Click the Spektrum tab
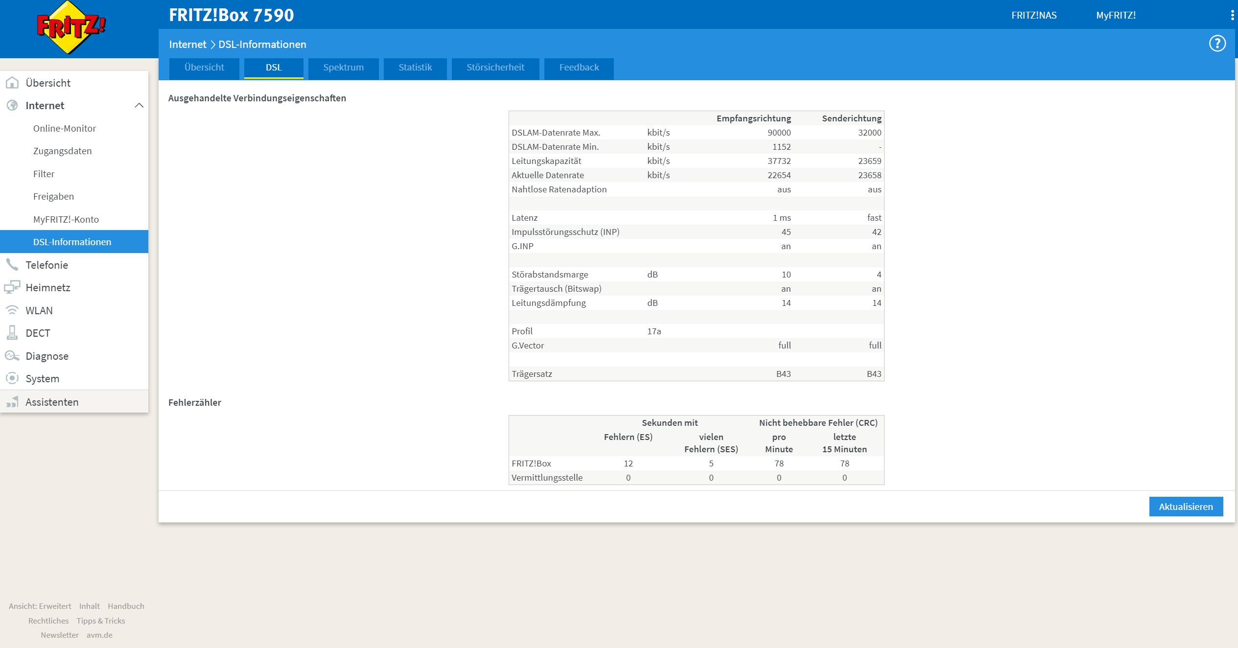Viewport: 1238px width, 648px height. coord(343,68)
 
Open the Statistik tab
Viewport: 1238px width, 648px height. coord(415,68)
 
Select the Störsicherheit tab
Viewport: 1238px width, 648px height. coord(495,68)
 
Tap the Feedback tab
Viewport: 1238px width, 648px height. coord(579,68)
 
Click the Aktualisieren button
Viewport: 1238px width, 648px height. coord(1186,507)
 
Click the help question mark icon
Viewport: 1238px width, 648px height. coord(1217,44)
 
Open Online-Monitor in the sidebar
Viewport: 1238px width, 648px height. coord(65,128)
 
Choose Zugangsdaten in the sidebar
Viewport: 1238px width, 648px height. coord(63,151)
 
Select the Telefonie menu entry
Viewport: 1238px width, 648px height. coord(47,265)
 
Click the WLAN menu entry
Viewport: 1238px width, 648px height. coord(39,310)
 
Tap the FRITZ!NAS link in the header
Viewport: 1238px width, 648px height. coord(1034,15)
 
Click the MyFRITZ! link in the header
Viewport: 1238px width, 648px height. coord(1116,15)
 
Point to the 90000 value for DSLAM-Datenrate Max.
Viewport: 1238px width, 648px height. coord(779,133)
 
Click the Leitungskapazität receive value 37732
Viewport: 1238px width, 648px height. coord(779,161)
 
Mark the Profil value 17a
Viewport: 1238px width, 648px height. coord(654,331)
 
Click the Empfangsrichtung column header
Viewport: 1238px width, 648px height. coord(754,118)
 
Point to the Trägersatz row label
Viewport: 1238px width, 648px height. coord(532,374)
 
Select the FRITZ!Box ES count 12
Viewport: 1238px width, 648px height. coord(628,463)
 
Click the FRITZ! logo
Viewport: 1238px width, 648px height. coord(71,27)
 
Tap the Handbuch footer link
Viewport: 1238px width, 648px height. coord(126,606)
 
